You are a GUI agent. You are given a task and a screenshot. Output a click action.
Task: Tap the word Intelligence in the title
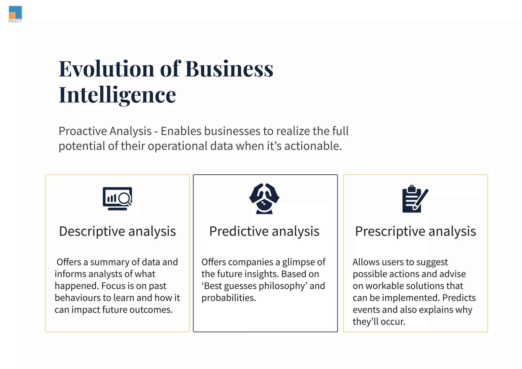pos(117,95)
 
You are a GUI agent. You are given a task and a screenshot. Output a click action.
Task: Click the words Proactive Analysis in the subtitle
pos(105,131)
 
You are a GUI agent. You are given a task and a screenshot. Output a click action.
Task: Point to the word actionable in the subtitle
pos(313,146)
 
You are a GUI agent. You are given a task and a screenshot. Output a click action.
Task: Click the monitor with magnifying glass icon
pos(118,199)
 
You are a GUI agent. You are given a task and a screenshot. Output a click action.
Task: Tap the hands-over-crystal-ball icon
pos(264,199)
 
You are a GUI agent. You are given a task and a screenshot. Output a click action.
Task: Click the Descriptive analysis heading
pos(118,231)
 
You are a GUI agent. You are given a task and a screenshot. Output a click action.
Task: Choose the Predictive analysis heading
pos(264,231)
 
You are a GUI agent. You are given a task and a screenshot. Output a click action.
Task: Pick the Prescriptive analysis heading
pos(415,231)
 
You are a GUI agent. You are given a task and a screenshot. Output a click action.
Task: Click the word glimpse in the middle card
pos(299,262)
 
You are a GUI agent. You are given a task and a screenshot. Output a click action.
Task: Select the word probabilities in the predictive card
pos(229,298)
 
